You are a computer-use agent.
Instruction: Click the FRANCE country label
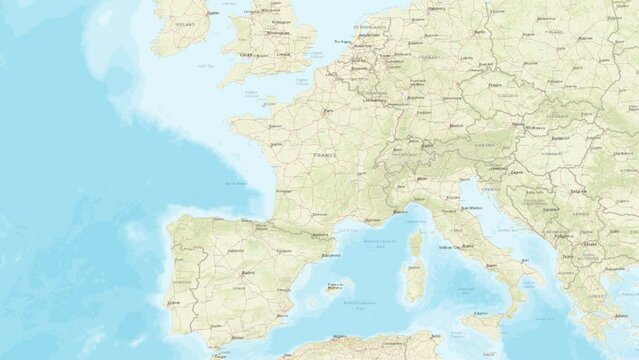pyautogui.click(x=325, y=156)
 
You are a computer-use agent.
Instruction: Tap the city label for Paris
pyautogui.click(x=328, y=110)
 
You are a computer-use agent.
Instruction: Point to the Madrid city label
pyautogui.click(x=247, y=271)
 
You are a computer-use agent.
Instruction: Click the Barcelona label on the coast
pyautogui.click(x=331, y=255)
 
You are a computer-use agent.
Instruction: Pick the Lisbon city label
pyautogui.click(x=174, y=301)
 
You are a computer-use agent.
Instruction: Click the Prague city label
pyautogui.click(x=494, y=85)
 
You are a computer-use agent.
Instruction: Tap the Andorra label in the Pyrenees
pyautogui.click(x=321, y=235)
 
